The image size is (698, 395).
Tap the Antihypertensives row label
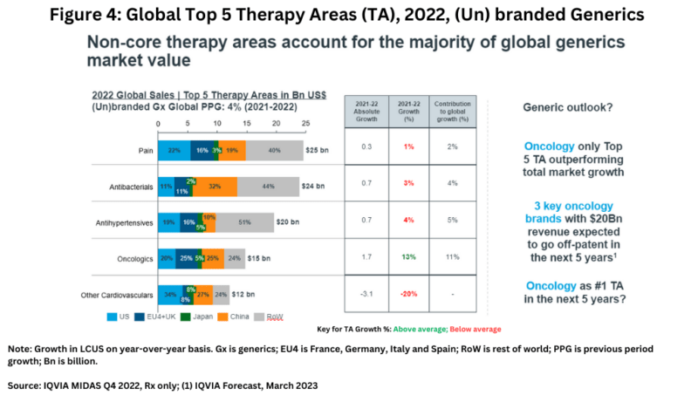(x=123, y=221)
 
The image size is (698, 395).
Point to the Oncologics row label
(x=133, y=258)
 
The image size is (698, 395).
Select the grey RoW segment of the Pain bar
(x=274, y=151)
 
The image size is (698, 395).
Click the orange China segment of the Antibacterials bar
(x=214, y=187)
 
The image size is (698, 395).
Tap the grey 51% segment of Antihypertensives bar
(x=243, y=222)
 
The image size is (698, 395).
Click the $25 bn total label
(x=316, y=151)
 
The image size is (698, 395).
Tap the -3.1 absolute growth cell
(x=366, y=294)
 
